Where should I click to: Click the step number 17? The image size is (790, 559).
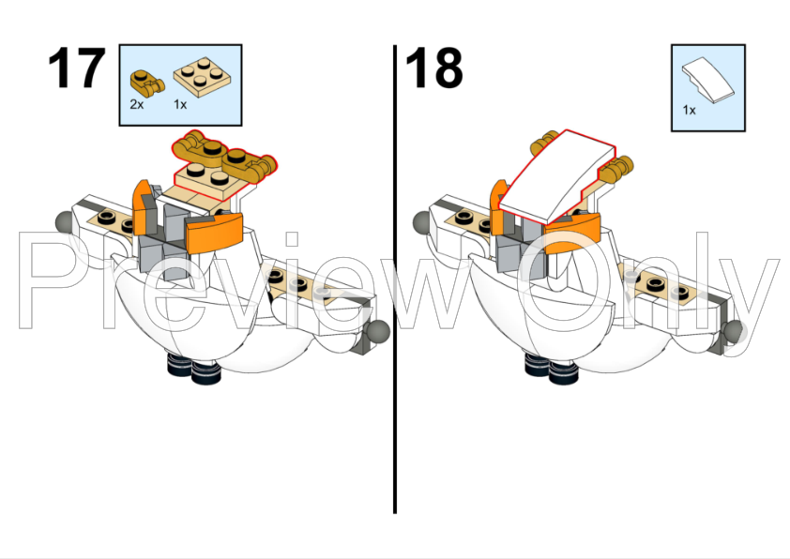pyautogui.click(x=77, y=68)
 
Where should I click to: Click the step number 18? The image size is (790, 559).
pyautogui.click(x=433, y=68)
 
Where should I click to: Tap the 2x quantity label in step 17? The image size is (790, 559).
pyautogui.click(x=137, y=104)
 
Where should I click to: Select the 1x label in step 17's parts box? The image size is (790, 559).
pyautogui.click(x=180, y=104)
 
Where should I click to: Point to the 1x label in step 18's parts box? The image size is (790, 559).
pyautogui.click(x=690, y=110)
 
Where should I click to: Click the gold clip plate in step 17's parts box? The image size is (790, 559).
pyautogui.click(x=147, y=83)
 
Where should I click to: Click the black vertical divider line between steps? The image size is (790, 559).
pyautogui.click(x=395, y=279)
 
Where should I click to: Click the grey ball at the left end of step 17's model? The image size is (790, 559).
pyautogui.click(x=65, y=221)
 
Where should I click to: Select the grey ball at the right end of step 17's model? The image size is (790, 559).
pyautogui.click(x=378, y=330)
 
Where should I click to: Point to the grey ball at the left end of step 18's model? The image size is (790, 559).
pyautogui.click(x=422, y=221)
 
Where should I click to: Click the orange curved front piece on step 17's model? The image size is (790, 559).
pyautogui.click(x=214, y=233)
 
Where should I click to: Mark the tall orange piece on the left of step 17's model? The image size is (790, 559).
pyautogui.click(x=141, y=207)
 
